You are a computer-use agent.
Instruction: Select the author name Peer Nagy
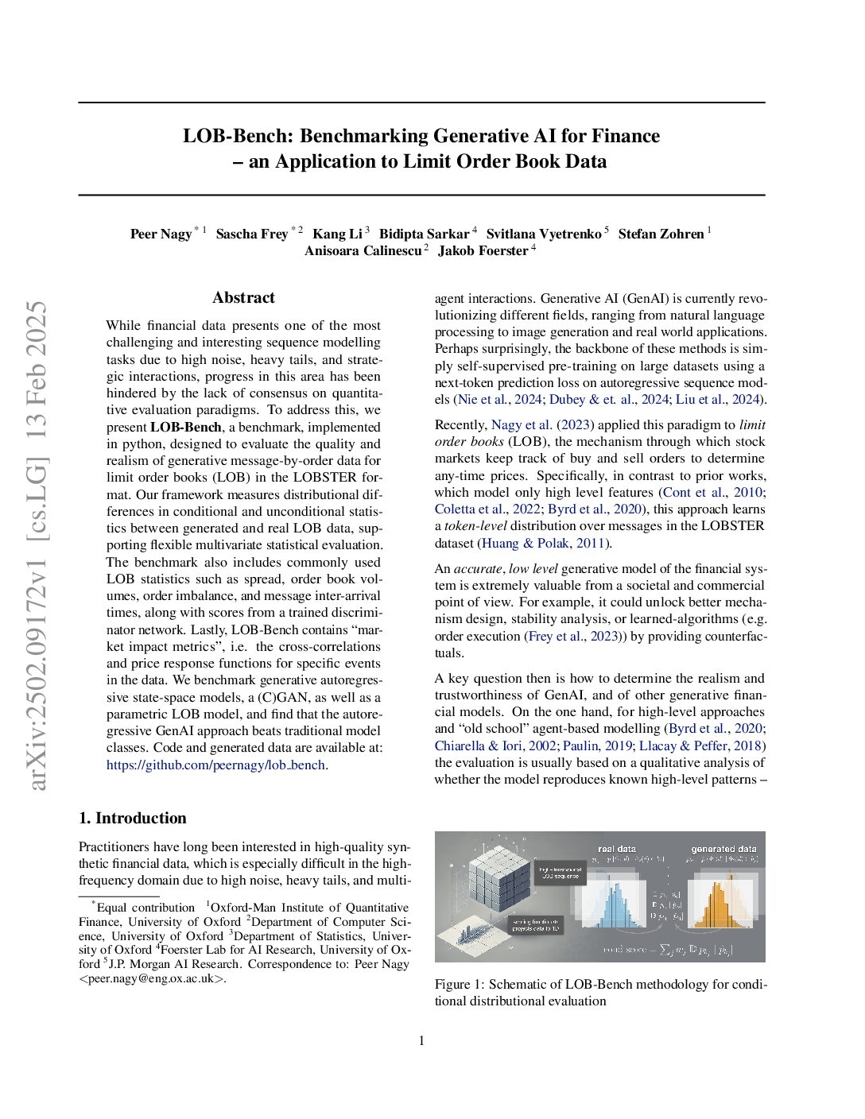[x=161, y=234]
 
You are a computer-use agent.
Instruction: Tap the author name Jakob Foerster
[x=483, y=251]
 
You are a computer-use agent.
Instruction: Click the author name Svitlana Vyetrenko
[x=543, y=234]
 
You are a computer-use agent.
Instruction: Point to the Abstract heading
[x=243, y=298]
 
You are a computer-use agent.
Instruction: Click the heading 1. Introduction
[x=133, y=819]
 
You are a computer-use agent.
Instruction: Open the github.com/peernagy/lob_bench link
[x=216, y=765]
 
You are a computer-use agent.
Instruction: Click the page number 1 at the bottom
[x=421, y=1041]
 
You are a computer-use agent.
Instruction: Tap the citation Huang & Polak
[x=525, y=544]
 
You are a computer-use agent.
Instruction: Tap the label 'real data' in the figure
[x=616, y=849]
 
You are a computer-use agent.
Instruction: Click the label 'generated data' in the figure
[x=723, y=849]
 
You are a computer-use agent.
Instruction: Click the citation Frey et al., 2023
[x=572, y=637]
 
